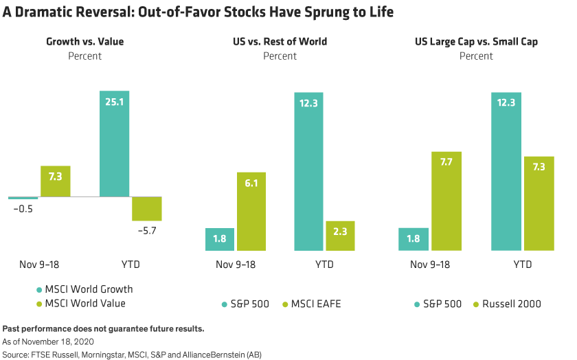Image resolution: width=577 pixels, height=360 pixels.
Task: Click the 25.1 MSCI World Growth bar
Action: point(114,144)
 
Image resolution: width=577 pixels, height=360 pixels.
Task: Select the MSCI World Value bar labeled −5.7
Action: point(146,209)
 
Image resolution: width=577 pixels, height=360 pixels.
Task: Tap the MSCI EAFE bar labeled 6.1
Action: point(251,211)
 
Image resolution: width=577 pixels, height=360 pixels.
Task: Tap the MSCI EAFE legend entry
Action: point(313,304)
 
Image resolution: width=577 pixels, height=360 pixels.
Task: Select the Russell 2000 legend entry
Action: point(508,304)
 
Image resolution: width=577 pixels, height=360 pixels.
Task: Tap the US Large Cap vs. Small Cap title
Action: point(476,42)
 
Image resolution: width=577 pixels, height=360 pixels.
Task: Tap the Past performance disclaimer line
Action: point(103,329)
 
